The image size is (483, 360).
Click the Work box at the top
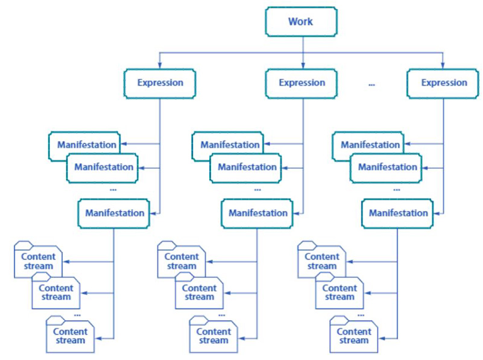300,22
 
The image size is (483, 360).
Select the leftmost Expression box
160,83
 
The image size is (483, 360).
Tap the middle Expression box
301,83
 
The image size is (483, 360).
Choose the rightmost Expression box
444,83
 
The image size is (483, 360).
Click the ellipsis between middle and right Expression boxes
371,85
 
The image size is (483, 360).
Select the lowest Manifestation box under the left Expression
115,213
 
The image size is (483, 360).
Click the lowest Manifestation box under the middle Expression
257,213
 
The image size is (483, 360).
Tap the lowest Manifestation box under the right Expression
398,213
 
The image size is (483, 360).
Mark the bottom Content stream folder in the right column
354,336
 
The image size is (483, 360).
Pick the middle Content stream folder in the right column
339,292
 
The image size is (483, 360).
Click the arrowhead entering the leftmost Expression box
160,66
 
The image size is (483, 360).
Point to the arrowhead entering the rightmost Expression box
444,66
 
